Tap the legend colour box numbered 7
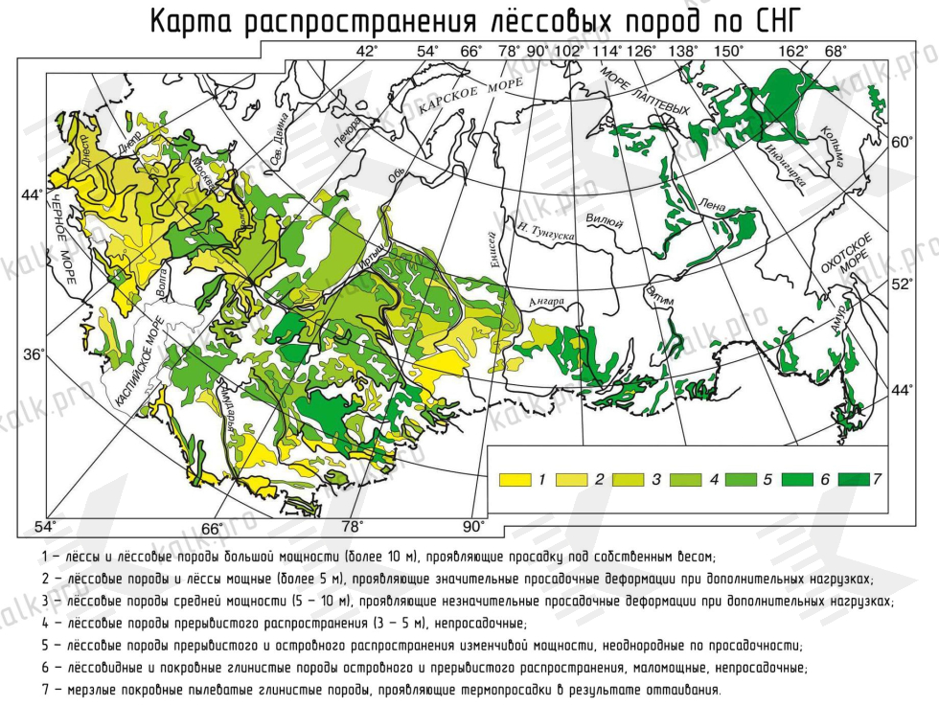(x=852, y=477)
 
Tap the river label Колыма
(x=830, y=147)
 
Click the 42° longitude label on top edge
(x=367, y=52)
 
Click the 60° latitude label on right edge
(x=903, y=143)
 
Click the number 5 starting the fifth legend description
(x=46, y=646)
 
